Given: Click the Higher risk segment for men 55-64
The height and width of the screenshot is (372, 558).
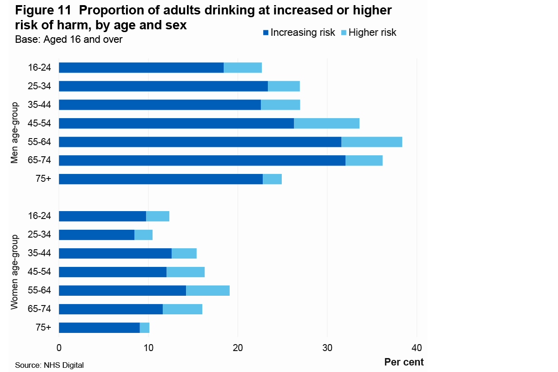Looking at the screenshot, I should point(372,142).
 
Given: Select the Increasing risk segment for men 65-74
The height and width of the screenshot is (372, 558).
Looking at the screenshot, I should point(202,160).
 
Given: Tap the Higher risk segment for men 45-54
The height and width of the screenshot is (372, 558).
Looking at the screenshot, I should point(326,123).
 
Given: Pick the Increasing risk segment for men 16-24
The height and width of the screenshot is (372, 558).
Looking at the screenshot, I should point(141,67).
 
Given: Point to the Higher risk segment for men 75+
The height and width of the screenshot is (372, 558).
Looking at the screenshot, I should point(272,179).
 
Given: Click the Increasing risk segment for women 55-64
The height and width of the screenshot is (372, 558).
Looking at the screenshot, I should point(122,291).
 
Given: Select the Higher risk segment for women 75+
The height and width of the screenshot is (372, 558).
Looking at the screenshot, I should point(145,328).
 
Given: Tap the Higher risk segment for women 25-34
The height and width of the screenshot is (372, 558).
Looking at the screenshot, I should point(143,235).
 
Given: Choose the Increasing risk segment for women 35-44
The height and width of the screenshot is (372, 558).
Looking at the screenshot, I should point(115,253).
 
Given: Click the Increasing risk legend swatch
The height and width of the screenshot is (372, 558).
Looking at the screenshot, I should point(266,33).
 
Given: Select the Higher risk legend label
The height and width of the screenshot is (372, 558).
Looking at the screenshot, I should point(372,33).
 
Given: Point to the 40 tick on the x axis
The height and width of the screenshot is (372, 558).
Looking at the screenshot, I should point(417,348).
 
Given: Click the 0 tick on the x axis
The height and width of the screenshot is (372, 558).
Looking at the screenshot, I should point(59,348).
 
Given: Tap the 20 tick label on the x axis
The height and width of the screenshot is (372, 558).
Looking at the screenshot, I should point(238,348).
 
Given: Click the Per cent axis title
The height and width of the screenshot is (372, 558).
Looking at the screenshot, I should point(404,362).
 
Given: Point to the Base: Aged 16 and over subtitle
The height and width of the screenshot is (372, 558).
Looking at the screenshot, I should point(69,40).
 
